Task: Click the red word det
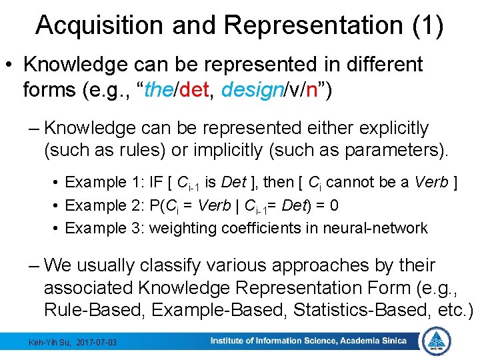tap(195, 89)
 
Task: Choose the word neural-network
tap(375, 228)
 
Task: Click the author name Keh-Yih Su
tap(49, 343)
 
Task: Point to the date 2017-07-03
tap(96, 343)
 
